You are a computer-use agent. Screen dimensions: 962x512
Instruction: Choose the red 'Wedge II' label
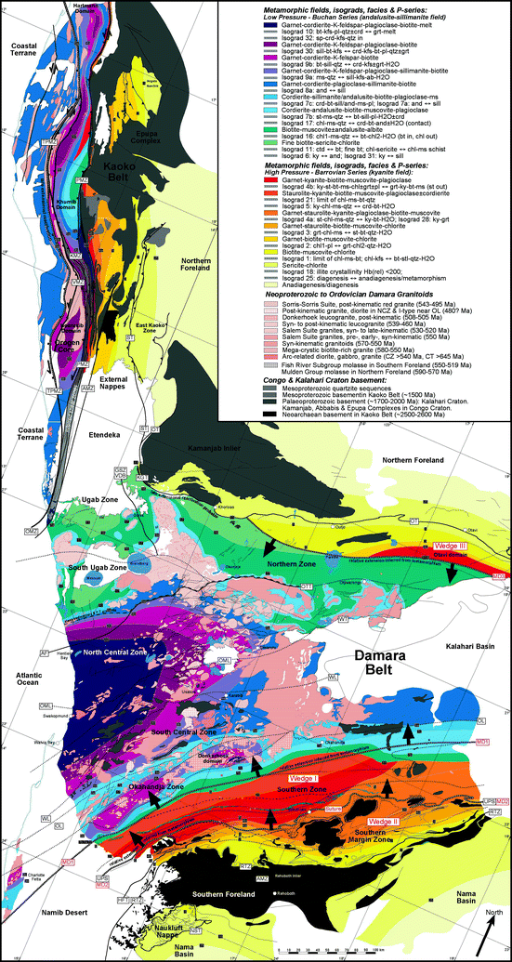(x=384, y=822)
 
